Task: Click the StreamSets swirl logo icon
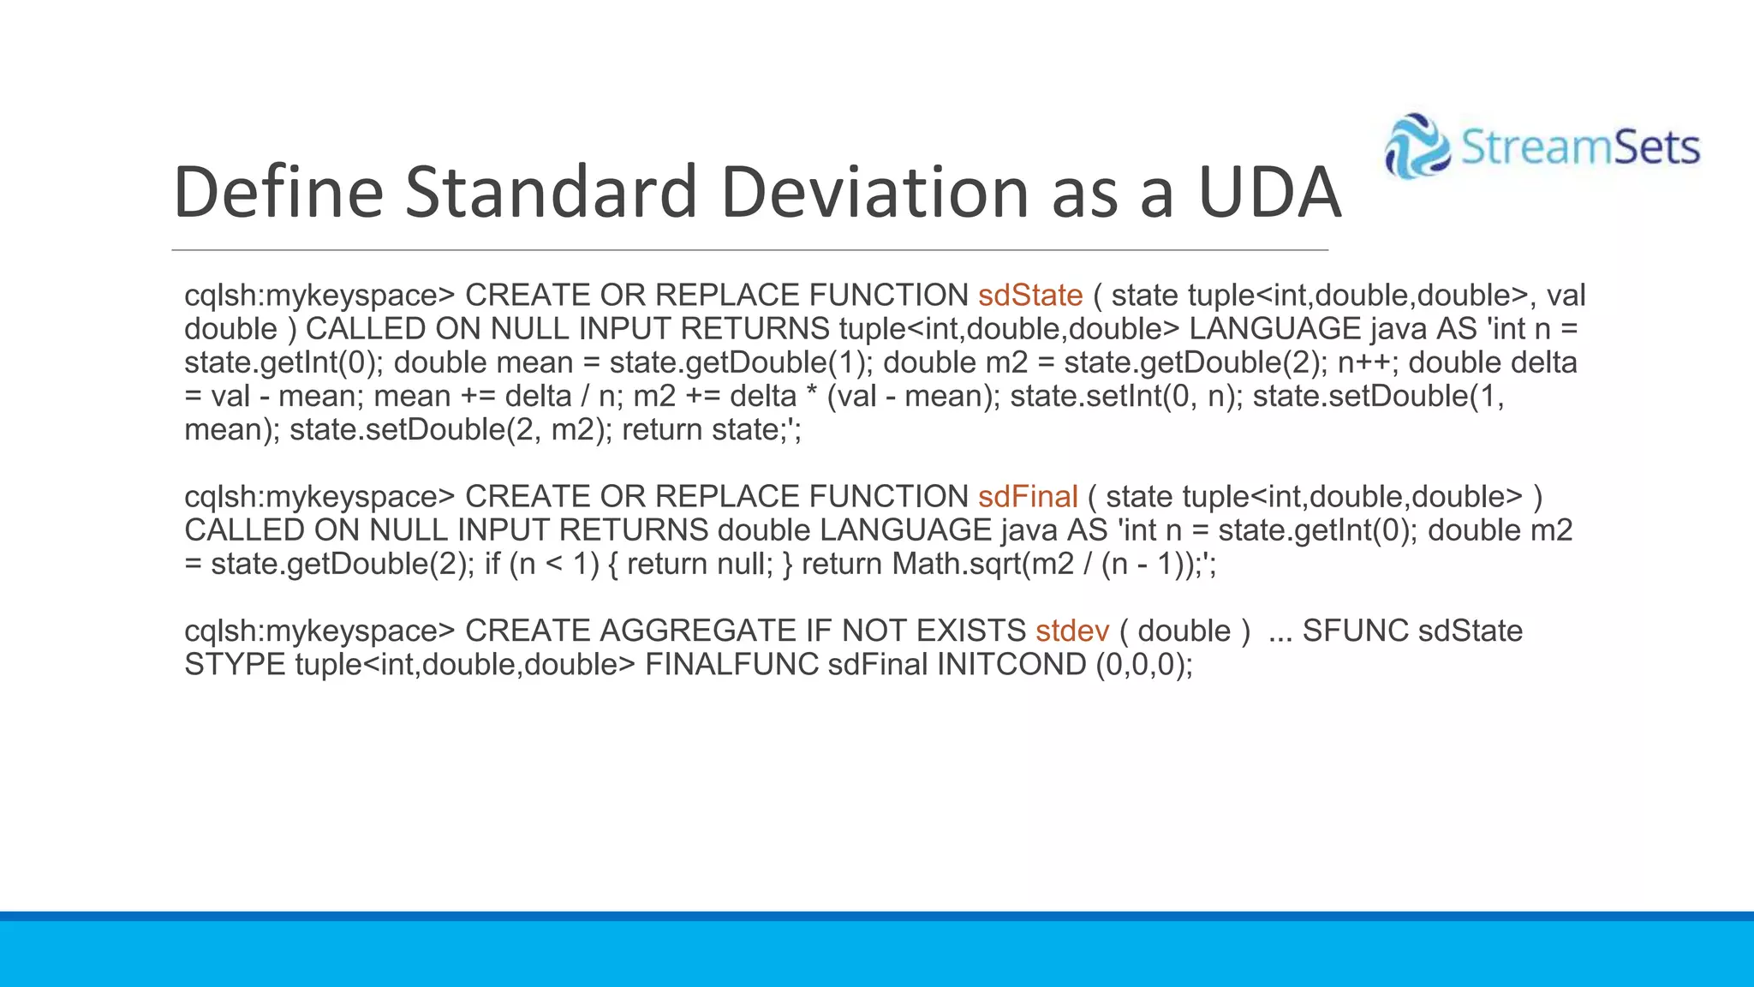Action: [x=1417, y=147]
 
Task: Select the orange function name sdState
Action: [x=1030, y=296]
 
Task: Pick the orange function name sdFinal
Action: [x=1028, y=497]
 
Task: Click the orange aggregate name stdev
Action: [x=1071, y=631]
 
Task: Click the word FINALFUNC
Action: [x=731, y=665]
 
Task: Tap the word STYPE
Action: [x=235, y=665]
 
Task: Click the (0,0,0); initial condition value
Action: [x=1144, y=665]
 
